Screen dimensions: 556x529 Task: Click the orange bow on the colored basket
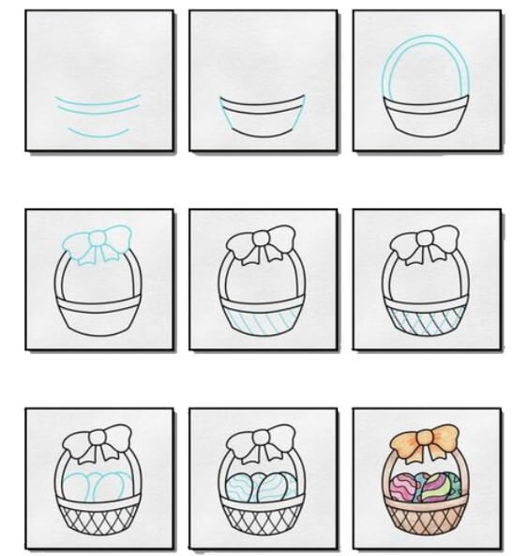point(428,439)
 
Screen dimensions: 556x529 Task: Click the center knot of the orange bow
point(429,438)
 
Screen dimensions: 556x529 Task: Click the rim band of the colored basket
point(428,506)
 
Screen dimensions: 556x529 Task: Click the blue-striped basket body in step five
point(263,321)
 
